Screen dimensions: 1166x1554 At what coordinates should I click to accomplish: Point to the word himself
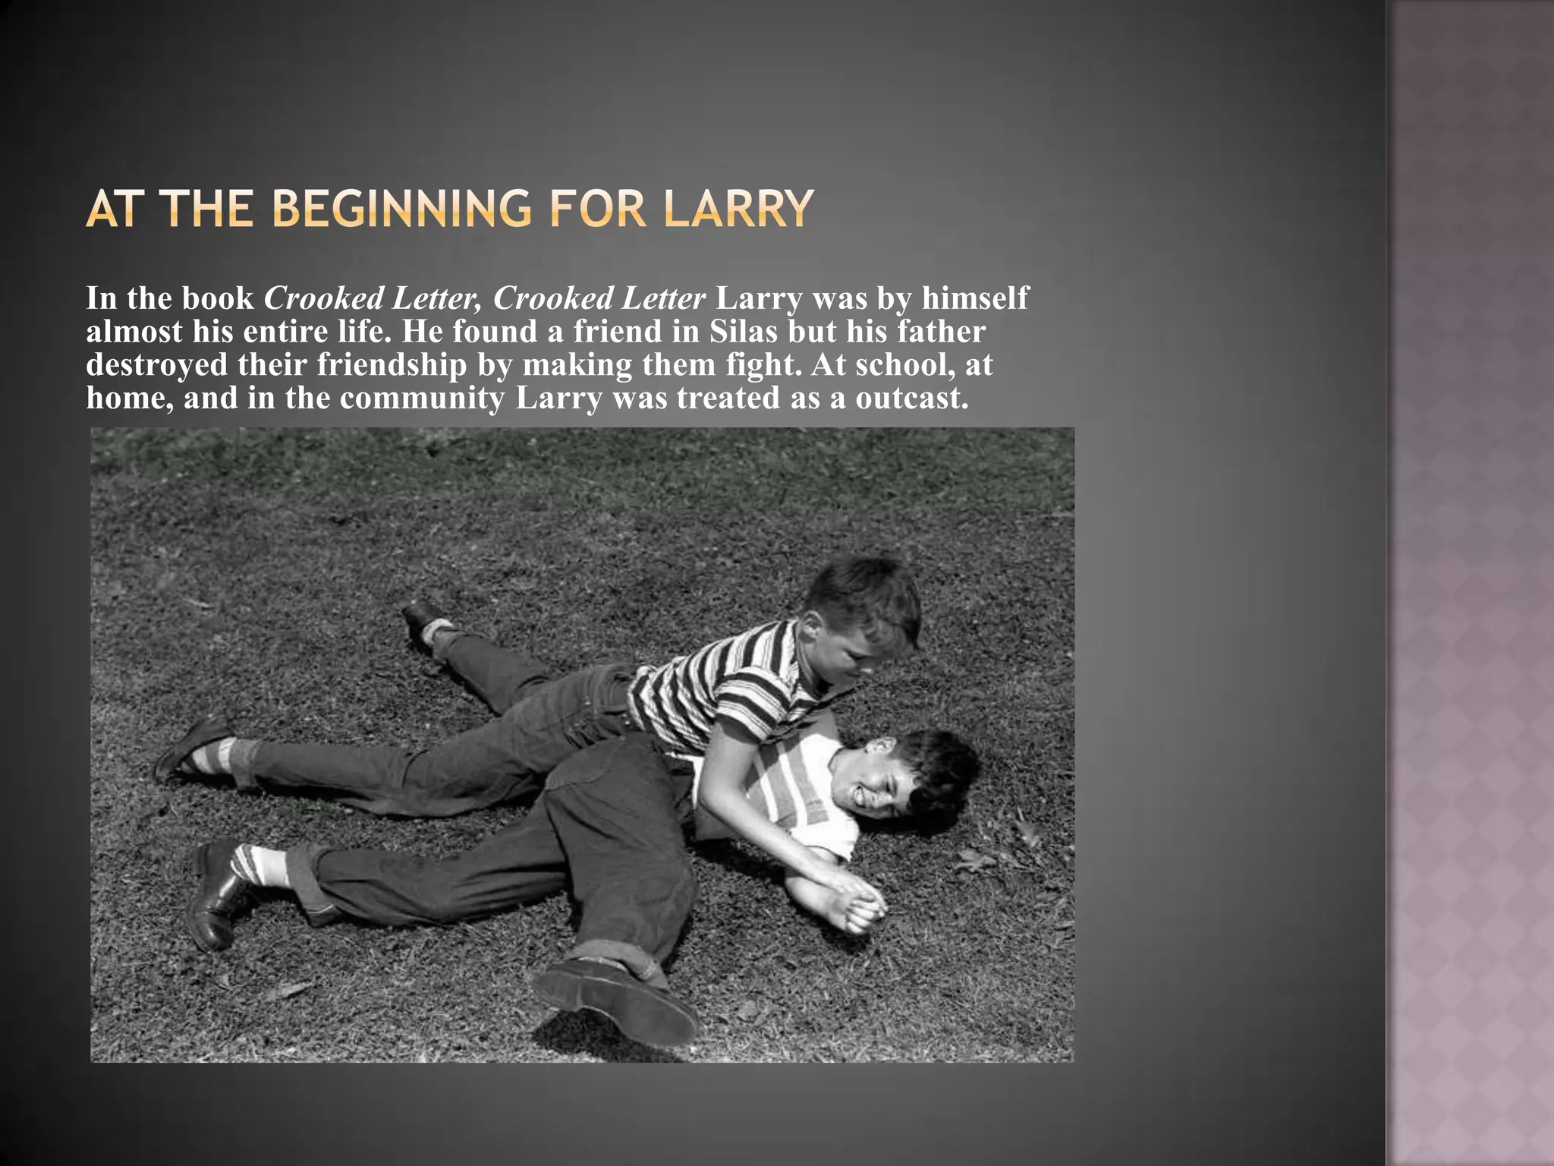pyautogui.click(x=975, y=298)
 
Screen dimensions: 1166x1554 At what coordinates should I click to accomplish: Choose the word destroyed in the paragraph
pyautogui.click(x=157, y=365)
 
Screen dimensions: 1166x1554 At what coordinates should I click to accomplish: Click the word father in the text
pyautogui.click(x=941, y=332)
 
